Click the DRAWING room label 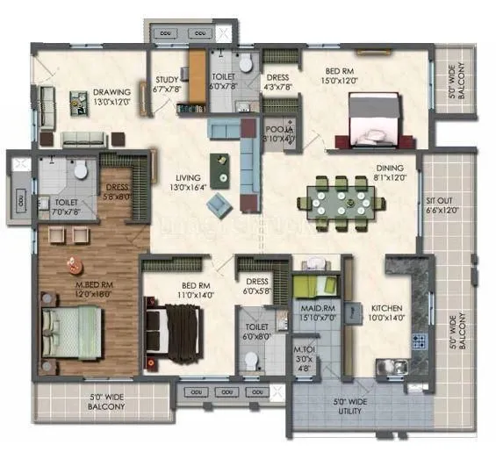(x=112, y=91)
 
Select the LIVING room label (x=190, y=181)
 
